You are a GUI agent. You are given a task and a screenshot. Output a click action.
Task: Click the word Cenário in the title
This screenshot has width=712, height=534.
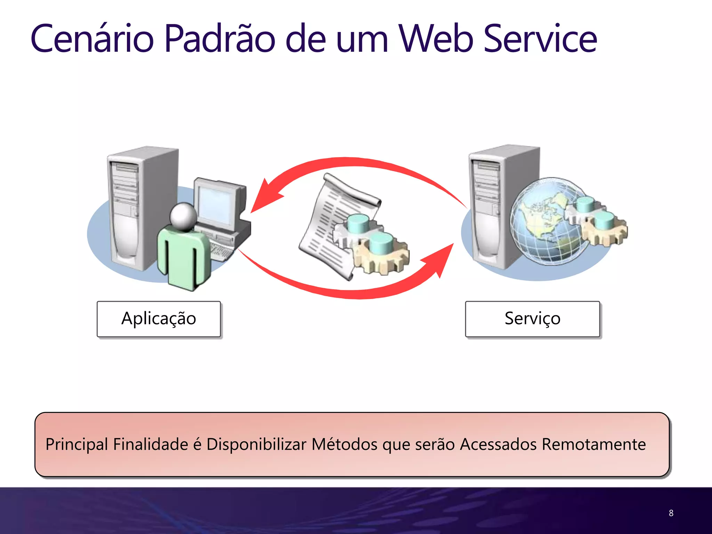point(92,39)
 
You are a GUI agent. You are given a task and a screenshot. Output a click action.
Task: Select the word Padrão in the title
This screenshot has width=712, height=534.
point(220,39)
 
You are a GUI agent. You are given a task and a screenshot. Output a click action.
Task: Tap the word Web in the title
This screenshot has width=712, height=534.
point(436,39)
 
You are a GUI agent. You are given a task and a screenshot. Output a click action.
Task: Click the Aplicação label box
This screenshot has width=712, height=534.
point(159,319)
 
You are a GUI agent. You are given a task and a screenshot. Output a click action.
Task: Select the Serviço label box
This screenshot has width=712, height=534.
point(532,319)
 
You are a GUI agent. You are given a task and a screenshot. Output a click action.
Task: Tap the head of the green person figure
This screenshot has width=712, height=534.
point(183,216)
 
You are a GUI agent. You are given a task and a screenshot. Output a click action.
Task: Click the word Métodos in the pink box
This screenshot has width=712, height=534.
point(344,444)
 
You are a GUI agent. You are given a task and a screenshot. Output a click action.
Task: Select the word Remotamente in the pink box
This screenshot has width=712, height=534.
point(593,444)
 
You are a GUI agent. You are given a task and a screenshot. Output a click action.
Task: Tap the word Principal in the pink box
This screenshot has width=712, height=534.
point(77,444)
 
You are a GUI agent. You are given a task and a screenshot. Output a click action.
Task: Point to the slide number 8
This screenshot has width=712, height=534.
point(671,513)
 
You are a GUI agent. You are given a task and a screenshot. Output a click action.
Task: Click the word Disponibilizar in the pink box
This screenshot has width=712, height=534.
point(256,444)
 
